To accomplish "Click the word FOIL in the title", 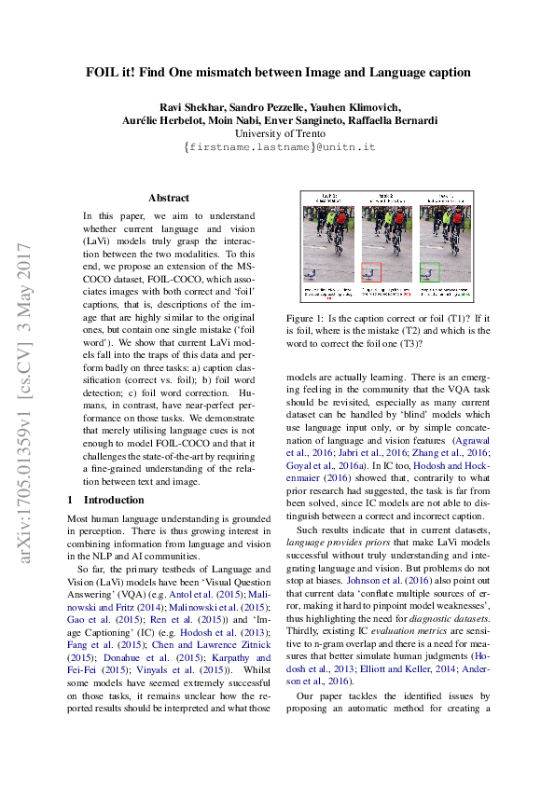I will click(x=104, y=72).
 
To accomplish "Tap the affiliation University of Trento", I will click(x=278, y=133).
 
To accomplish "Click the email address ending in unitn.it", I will click(x=279, y=147).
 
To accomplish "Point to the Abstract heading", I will click(x=169, y=198).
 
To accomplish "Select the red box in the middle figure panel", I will click(x=371, y=272).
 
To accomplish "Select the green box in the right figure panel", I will click(x=429, y=272).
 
